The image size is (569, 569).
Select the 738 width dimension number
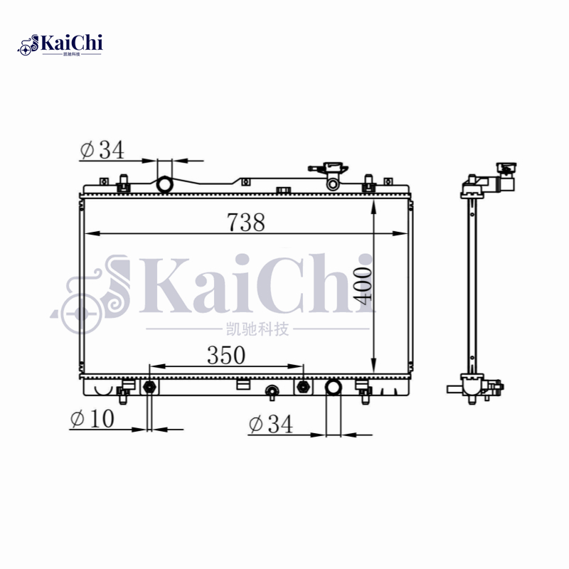click(246, 223)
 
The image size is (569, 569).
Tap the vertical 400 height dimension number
click(363, 286)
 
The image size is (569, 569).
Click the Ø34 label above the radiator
click(102, 150)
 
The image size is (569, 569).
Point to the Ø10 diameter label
click(92, 419)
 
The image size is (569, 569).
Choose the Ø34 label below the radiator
click(271, 425)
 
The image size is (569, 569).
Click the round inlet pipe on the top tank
click(165, 185)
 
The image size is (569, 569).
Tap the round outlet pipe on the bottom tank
click(333, 388)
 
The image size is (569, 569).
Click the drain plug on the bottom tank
click(271, 391)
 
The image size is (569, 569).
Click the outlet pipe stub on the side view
click(455, 389)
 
